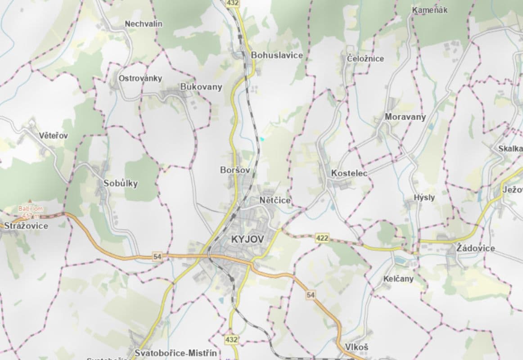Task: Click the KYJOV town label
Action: pos(247,239)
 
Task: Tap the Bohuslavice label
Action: pos(277,55)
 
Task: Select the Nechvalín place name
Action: pos(144,24)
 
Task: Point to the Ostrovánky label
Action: pos(140,78)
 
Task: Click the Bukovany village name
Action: pos(201,87)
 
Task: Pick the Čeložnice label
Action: pos(365,58)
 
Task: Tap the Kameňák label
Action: pos(429,10)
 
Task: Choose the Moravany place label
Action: pos(405,117)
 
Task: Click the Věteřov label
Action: pos(53,135)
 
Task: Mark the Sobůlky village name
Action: pos(120,183)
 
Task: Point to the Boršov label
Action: pos(235,170)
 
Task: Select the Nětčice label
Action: pos(275,200)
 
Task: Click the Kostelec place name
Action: pos(349,173)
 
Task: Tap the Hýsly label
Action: pos(424,198)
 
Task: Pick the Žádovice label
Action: pos(475,248)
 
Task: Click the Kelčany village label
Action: pos(398,279)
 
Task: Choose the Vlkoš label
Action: pos(356,347)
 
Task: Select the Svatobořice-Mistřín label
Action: pos(176,353)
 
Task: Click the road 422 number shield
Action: pos(322,238)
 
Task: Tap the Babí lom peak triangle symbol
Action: pos(30,201)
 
